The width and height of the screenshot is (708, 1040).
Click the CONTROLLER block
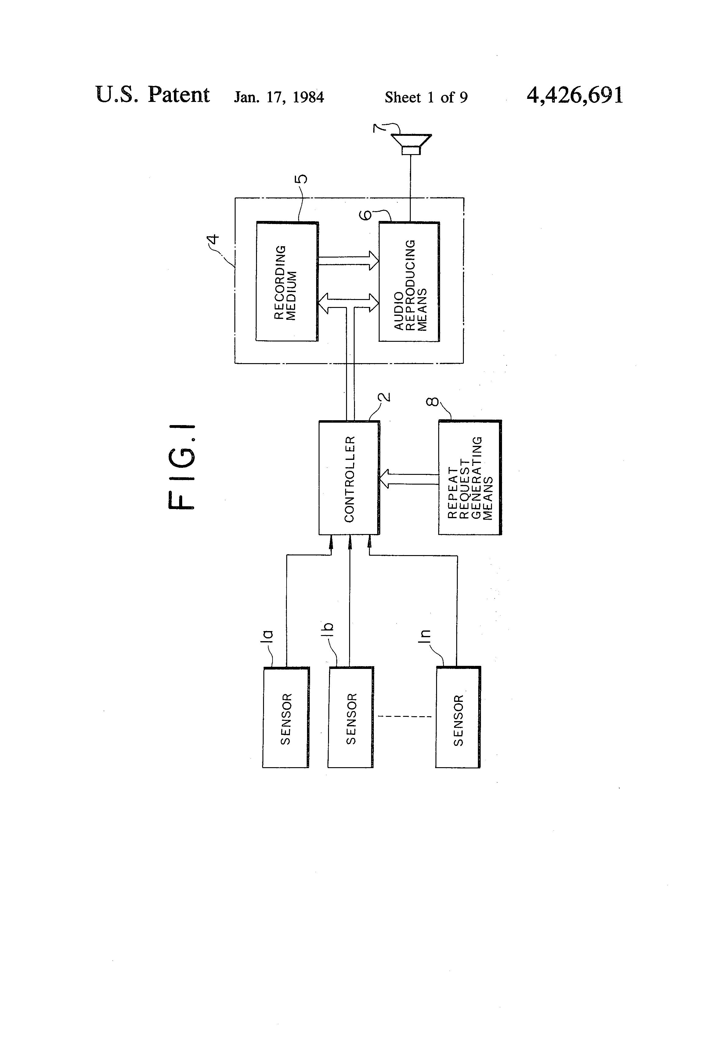349,478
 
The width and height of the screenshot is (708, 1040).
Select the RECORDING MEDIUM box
287,281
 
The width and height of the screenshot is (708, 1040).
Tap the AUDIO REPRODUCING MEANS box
409,282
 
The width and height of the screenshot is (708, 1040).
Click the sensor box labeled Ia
286,717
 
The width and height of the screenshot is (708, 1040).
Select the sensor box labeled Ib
350,717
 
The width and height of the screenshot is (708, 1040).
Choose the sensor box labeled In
458,717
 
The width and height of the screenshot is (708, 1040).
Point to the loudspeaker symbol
411,144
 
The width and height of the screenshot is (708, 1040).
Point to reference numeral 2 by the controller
385,396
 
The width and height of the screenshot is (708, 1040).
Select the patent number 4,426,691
575,95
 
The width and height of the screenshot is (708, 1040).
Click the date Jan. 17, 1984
279,97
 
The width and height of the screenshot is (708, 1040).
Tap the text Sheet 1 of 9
426,97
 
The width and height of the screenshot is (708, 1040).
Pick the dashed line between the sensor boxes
405,717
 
